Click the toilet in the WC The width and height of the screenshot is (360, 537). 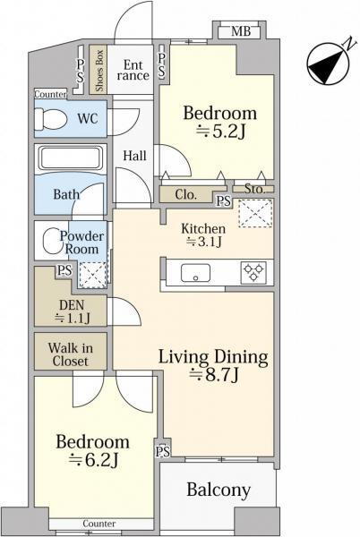pyautogui.click(x=51, y=119)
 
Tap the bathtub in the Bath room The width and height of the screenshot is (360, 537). pyautogui.click(x=71, y=159)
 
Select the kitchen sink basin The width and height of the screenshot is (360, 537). pyautogui.click(x=195, y=273)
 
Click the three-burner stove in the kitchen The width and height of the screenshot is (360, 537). pyautogui.click(x=254, y=273)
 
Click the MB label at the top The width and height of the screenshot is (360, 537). pyautogui.click(x=241, y=31)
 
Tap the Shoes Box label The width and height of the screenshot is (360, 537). pyautogui.click(x=99, y=71)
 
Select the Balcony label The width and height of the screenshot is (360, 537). pyautogui.click(x=219, y=490)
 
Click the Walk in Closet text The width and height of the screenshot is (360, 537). pyautogui.click(x=71, y=354)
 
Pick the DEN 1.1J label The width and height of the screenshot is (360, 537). pyautogui.click(x=73, y=312)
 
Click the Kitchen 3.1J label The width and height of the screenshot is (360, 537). pyautogui.click(x=203, y=234)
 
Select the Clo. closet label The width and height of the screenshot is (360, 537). pyautogui.click(x=185, y=195)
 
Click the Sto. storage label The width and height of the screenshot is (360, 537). pyautogui.click(x=254, y=189)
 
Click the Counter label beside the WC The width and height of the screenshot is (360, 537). pyautogui.click(x=50, y=94)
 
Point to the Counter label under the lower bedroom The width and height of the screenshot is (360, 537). pyautogui.click(x=99, y=524)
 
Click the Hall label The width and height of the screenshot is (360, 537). pyautogui.click(x=134, y=156)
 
